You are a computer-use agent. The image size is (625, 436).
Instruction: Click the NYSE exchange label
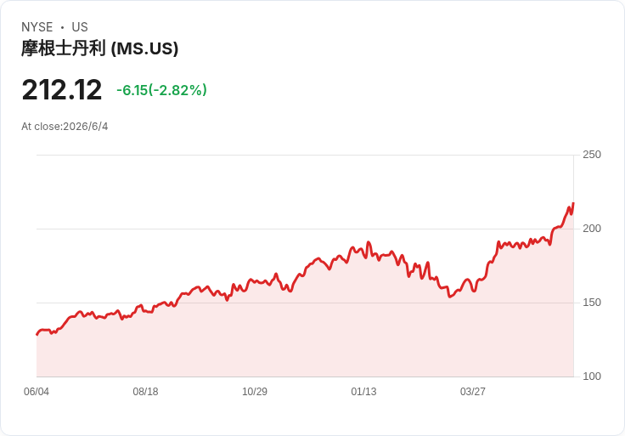tap(37, 27)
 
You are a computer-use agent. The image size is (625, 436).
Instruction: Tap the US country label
tap(80, 27)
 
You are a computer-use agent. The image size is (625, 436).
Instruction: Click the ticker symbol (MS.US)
tap(144, 48)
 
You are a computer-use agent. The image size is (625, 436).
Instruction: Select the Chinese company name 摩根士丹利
tap(64, 48)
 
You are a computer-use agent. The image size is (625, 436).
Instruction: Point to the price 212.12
tap(62, 90)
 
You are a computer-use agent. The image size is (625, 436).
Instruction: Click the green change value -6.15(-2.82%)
tap(162, 90)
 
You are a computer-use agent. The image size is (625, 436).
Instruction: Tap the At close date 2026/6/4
tap(86, 127)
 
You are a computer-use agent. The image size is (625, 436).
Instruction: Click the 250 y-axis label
tap(592, 155)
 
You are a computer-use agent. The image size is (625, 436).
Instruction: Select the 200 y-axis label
tap(592, 228)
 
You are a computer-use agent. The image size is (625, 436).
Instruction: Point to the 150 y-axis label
tap(592, 303)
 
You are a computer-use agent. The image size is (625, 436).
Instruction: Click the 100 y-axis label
tap(592, 377)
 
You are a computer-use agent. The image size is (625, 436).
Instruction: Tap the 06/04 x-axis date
tap(37, 392)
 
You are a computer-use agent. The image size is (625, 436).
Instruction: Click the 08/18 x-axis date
tap(145, 392)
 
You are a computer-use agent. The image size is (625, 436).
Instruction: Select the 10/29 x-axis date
tap(255, 392)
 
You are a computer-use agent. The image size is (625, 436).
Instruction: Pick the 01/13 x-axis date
tap(363, 392)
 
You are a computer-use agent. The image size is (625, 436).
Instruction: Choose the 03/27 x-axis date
tap(473, 392)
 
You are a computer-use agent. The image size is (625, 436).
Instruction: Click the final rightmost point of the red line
tap(573, 203)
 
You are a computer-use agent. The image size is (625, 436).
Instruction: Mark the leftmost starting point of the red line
tap(37, 335)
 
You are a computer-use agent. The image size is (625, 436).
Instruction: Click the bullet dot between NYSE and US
tap(62, 27)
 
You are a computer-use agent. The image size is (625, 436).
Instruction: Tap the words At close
tap(42, 127)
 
